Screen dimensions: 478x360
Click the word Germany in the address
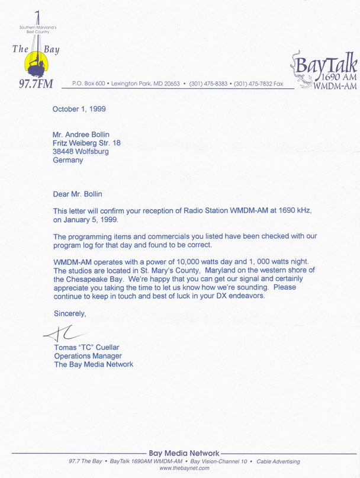[x=68, y=160]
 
